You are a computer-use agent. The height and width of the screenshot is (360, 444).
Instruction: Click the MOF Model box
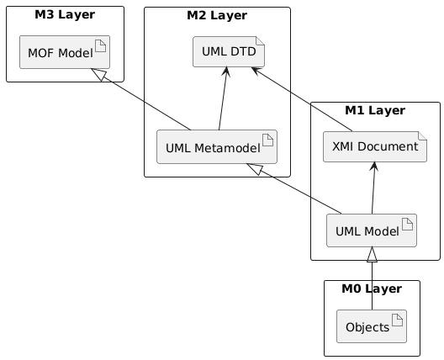[65, 52]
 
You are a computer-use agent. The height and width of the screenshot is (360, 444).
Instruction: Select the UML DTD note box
[229, 52]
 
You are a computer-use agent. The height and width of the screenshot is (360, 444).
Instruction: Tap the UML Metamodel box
[217, 146]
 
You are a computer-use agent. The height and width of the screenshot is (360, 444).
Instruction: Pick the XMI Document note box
[375, 146]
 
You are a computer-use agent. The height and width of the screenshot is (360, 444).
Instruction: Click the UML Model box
[372, 230]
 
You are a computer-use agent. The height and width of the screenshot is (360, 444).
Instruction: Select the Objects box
[372, 326]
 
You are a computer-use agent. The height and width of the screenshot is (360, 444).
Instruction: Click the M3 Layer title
[65, 15]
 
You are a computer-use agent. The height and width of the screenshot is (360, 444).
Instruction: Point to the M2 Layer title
[217, 16]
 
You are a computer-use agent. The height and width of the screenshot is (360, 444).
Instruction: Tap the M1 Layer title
[375, 110]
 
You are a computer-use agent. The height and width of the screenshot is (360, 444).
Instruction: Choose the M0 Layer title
[372, 289]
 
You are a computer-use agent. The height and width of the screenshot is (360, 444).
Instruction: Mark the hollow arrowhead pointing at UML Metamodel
[254, 169]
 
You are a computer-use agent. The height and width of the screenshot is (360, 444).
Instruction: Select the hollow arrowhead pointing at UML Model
[372, 254]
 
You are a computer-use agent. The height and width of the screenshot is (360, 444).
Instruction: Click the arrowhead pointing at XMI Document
[374, 166]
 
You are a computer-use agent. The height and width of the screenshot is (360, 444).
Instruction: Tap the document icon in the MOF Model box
[101, 46]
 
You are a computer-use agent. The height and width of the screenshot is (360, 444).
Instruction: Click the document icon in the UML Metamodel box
[268, 140]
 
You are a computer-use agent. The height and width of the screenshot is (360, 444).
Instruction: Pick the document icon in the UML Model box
[408, 225]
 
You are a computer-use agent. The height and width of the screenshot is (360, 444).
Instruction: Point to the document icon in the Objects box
[398, 320]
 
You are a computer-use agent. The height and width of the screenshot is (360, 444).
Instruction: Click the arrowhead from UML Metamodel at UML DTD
[226, 71]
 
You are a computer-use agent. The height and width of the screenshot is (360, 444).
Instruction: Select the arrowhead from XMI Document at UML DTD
[256, 71]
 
